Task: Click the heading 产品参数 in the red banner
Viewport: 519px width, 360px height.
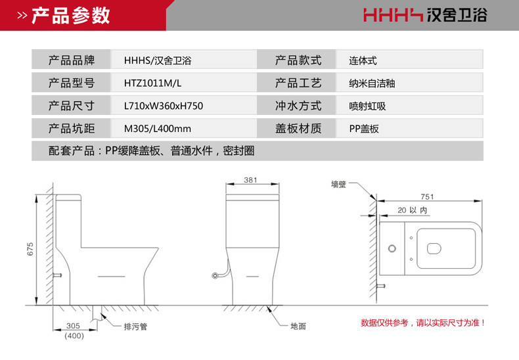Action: click(x=71, y=15)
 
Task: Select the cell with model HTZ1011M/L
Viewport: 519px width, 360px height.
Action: click(x=152, y=83)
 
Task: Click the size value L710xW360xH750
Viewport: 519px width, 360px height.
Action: click(x=164, y=106)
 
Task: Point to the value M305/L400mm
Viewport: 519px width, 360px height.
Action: click(x=158, y=129)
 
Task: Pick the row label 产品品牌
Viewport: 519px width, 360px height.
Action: click(x=72, y=61)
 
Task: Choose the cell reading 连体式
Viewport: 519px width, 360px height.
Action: click(x=363, y=61)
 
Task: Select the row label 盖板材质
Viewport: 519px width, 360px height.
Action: click(x=298, y=129)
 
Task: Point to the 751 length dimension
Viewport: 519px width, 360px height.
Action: click(x=427, y=197)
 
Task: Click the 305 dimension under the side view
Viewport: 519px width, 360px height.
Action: click(x=74, y=326)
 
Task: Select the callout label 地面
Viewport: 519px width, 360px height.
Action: click(x=298, y=326)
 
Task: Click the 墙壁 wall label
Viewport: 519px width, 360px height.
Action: click(x=338, y=185)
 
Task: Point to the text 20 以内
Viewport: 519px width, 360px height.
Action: click(x=412, y=210)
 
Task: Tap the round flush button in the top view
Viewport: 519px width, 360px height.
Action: click(x=393, y=248)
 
